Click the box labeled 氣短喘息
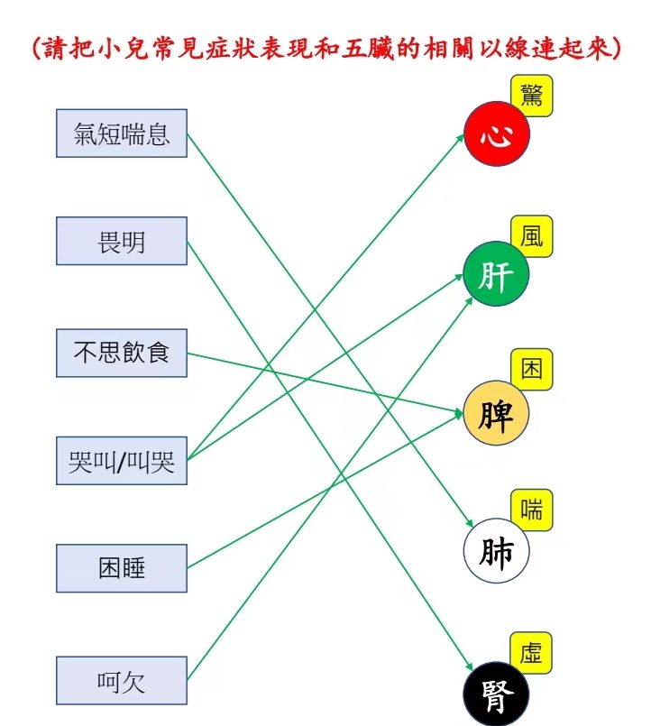click(x=122, y=133)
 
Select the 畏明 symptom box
click(x=122, y=241)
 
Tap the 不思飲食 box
click(x=122, y=353)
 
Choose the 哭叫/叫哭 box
click(x=122, y=461)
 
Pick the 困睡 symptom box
click(x=122, y=568)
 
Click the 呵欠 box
click(x=122, y=681)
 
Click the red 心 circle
click(x=497, y=133)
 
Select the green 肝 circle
click(x=496, y=273)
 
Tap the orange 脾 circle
click(x=496, y=413)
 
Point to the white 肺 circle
click(x=496, y=550)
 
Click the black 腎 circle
click(x=496, y=694)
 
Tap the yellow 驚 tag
click(x=532, y=96)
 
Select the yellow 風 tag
click(x=532, y=236)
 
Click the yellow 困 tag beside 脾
click(x=532, y=369)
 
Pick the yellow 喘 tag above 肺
click(x=532, y=510)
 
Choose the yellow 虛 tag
click(x=531, y=653)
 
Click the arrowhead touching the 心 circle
click(x=460, y=137)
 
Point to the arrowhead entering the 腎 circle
click(x=469, y=666)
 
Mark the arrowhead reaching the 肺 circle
click(x=469, y=523)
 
